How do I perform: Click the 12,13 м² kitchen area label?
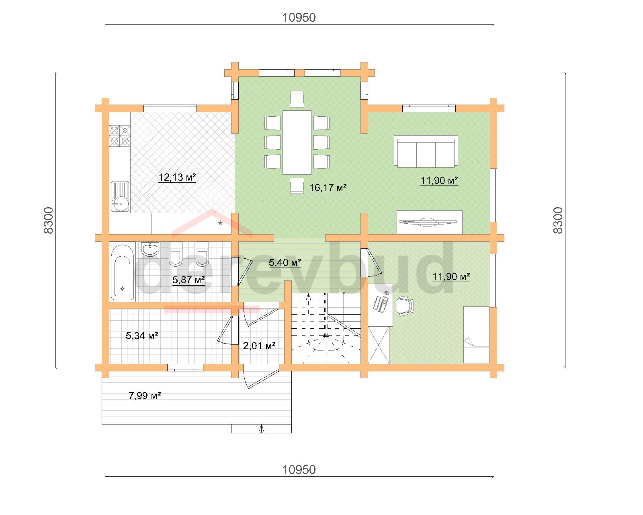(177, 177)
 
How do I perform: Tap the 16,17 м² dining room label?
(328, 188)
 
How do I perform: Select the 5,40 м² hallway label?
(285, 263)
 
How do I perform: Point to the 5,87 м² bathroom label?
(188, 280)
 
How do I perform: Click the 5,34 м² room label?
(142, 336)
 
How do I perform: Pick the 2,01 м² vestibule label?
(259, 346)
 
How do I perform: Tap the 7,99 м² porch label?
(145, 396)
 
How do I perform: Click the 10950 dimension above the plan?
(299, 18)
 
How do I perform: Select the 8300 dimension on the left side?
(48, 220)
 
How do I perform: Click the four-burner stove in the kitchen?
(120, 136)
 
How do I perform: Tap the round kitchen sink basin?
(122, 204)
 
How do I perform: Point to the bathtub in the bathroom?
(123, 273)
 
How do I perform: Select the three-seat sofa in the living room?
(426, 151)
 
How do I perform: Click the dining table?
(297, 142)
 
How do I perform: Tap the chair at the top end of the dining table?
(297, 99)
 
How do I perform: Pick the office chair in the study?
(405, 306)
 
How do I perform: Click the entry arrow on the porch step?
(262, 429)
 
